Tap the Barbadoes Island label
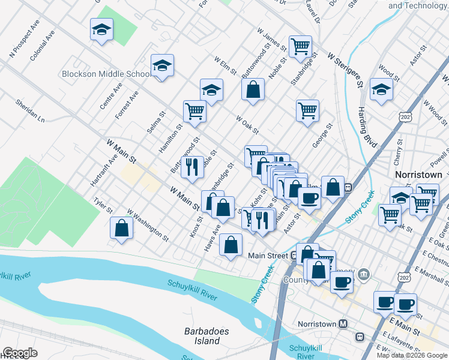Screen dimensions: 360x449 coord(202,336)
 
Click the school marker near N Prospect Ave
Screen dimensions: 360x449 coord(102,29)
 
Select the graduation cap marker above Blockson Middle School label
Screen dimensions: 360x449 coord(162,65)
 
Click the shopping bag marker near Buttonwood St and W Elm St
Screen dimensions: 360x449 coord(253,89)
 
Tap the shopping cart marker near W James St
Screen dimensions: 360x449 coord(300,46)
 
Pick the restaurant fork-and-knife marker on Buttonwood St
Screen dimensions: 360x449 coord(192,166)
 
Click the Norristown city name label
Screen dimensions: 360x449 coord(418,174)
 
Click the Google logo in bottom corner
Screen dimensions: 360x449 coord(19,353)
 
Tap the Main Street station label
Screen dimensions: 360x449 coord(268,256)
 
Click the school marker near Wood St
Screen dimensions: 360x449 coord(381,89)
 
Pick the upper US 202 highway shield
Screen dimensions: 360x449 coord(406,115)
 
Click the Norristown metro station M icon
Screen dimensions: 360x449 coord(343,324)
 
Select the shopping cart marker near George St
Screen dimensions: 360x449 coord(307,110)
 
